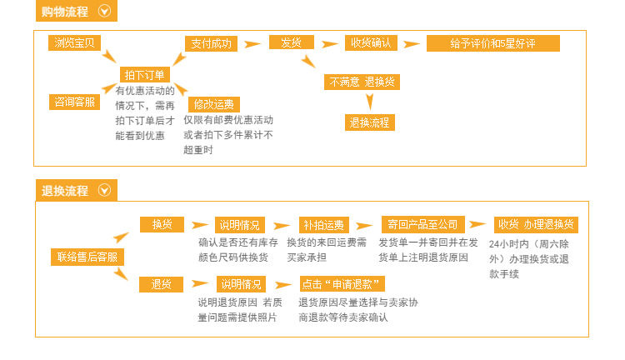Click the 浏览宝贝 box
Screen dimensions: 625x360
coord(74,42)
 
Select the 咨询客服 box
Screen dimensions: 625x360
coord(74,102)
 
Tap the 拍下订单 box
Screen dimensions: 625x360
coord(145,74)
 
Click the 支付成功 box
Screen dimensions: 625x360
coord(212,43)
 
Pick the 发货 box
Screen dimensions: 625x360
coord(292,42)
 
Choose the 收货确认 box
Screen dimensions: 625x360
coord(371,43)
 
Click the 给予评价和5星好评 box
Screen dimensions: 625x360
coord(493,43)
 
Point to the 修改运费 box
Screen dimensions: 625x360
coord(214,104)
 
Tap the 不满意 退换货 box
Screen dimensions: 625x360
coord(362,82)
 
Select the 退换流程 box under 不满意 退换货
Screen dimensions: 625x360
coord(369,122)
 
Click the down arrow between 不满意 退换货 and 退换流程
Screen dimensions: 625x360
coord(369,102)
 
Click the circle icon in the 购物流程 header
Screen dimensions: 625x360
coord(104,11)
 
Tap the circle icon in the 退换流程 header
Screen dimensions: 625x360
coord(104,190)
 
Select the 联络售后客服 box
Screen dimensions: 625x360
coord(87,257)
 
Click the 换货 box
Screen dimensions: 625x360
coord(162,224)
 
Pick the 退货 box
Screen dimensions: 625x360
coord(161,284)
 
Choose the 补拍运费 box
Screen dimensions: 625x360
coord(323,225)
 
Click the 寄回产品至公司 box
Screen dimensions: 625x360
coord(422,225)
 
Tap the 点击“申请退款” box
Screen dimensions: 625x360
coord(342,284)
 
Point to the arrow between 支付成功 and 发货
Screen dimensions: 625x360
coord(252,43)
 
